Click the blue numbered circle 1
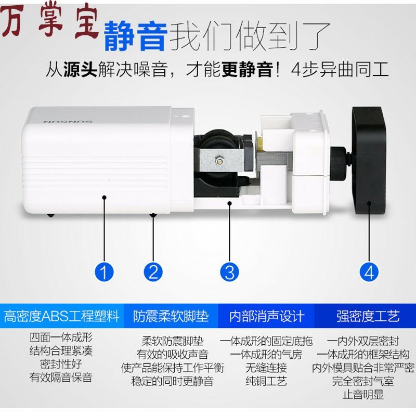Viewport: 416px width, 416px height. [x=104, y=271]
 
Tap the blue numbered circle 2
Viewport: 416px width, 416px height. [x=153, y=271]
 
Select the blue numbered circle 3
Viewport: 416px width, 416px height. [x=229, y=271]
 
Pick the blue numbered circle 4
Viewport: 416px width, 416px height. [x=369, y=271]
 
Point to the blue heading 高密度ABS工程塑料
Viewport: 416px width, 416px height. [x=61, y=316]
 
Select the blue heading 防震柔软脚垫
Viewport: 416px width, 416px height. [x=164, y=316]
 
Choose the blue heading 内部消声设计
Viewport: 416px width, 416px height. [x=267, y=316]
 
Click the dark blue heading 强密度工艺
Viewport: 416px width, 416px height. [x=368, y=316]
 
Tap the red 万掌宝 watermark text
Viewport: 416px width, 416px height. [x=49, y=23]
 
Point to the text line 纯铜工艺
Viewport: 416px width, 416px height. [x=266, y=381]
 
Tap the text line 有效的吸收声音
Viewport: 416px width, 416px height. [x=172, y=355]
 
